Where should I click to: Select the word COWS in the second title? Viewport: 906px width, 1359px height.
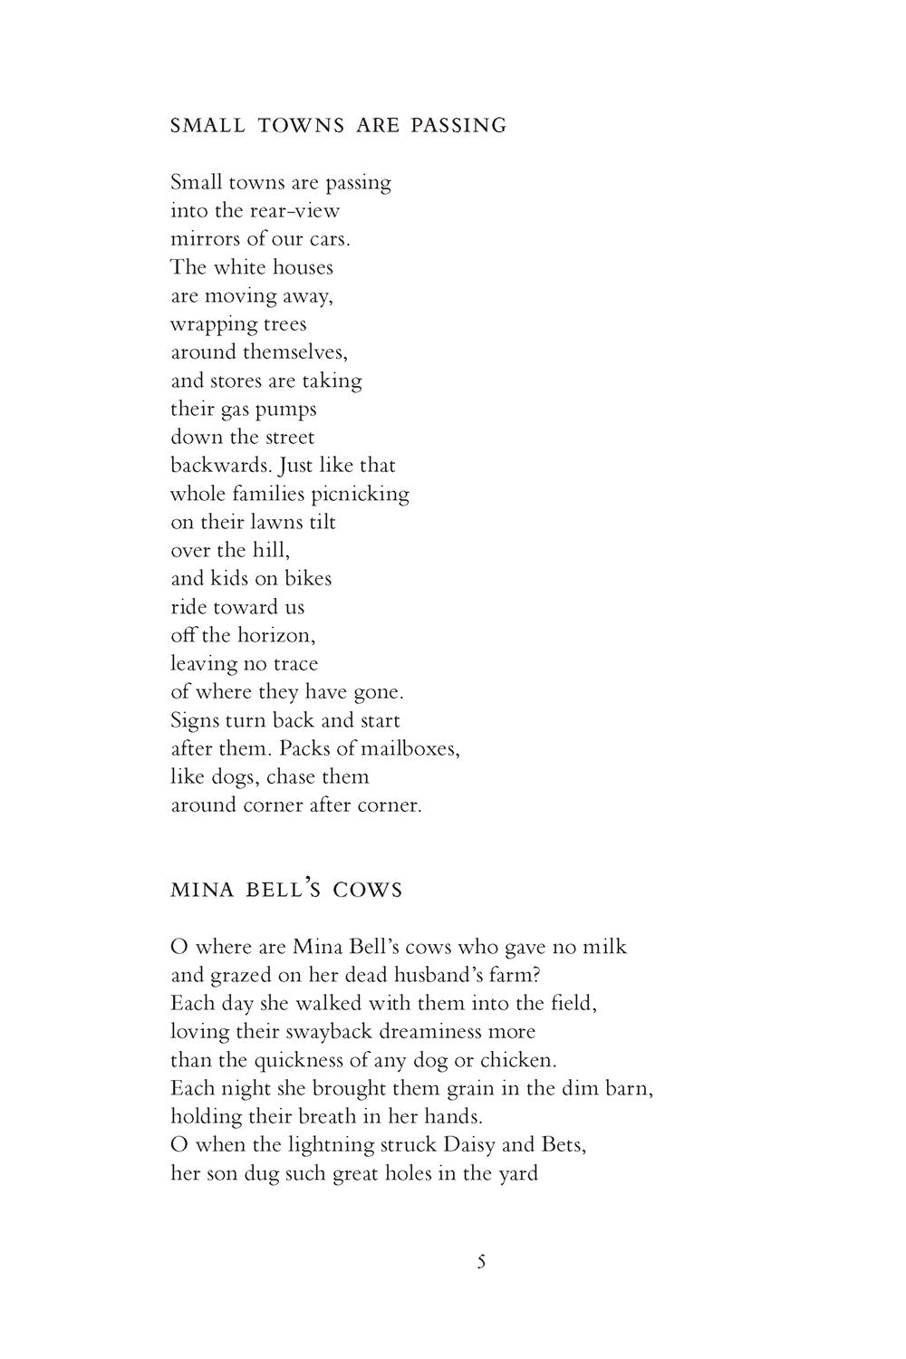pyautogui.click(x=367, y=890)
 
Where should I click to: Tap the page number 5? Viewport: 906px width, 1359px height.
pyautogui.click(x=481, y=1261)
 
